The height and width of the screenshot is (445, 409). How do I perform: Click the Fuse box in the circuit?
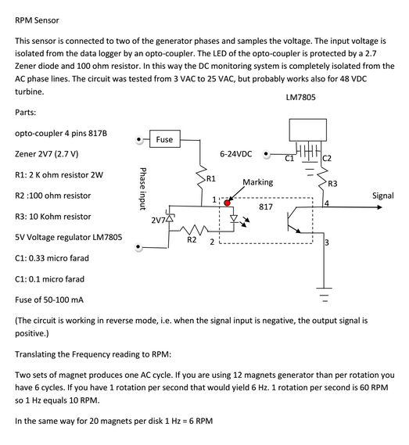point(164,139)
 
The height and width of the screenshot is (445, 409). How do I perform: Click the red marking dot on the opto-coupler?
point(228,203)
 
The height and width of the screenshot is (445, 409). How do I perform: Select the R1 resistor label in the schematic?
point(210,178)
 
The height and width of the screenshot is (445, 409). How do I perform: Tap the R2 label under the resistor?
point(191,240)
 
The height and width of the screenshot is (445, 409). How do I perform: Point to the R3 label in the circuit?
point(332,184)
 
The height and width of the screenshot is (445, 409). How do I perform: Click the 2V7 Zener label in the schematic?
point(158,219)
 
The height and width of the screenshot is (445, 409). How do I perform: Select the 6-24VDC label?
point(235,154)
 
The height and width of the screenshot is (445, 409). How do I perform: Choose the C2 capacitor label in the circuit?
point(326,159)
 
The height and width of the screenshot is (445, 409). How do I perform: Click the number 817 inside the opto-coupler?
point(266,208)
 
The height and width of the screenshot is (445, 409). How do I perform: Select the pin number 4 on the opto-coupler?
point(326,203)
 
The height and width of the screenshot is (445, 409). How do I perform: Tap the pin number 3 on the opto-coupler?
point(326,243)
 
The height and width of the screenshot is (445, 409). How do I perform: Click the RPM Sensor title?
point(37,20)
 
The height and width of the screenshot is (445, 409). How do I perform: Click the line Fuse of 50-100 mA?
point(50,300)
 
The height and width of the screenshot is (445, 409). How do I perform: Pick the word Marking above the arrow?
point(258,182)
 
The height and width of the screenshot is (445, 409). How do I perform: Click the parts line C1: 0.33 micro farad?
point(52,257)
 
